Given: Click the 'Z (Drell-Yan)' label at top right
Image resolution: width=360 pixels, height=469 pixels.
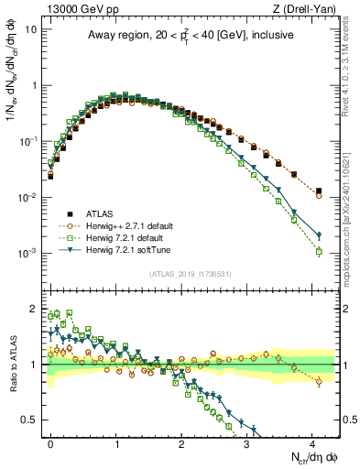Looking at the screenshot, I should click(x=309, y=10).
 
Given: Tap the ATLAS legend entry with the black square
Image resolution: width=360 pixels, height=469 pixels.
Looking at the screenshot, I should click(x=102, y=213).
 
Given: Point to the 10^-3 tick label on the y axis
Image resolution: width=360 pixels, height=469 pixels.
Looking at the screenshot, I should click(x=27, y=253).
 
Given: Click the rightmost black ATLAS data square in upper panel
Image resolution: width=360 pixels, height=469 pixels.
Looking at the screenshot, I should click(x=318, y=191).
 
